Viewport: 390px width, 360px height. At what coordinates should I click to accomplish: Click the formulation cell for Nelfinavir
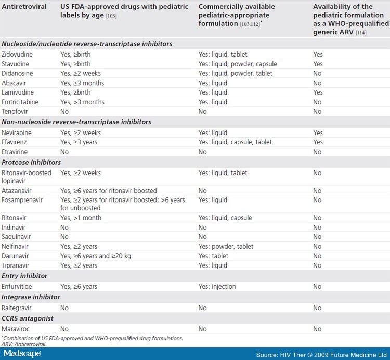(225, 246)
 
